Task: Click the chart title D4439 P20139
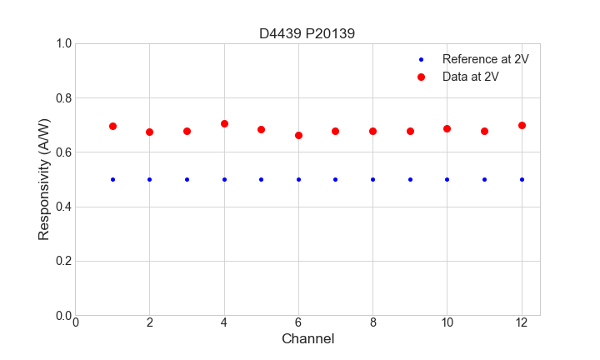pyautogui.click(x=307, y=33)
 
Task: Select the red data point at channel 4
pyautogui.click(x=224, y=124)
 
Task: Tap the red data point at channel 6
pyautogui.click(x=298, y=135)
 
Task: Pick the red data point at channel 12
pyautogui.click(x=522, y=125)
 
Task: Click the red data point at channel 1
pyautogui.click(x=112, y=127)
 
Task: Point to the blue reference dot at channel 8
pyautogui.click(x=372, y=179)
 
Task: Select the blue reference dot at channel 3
pyautogui.click(x=187, y=179)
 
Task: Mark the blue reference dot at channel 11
pyautogui.click(x=484, y=179)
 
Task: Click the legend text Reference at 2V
pyautogui.click(x=486, y=59)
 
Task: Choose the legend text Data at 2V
pyautogui.click(x=471, y=77)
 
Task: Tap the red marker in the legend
pyautogui.click(x=421, y=77)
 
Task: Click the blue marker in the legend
pyautogui.click(x=421, y=59)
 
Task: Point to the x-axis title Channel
pyautogui.click(x=307, y=339)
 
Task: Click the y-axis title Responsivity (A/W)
pyautogui.click(x=44, y=179)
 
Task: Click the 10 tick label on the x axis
pyautogui.click(x=447, y=322)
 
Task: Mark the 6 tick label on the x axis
pyautogui.click(x=298, y=322)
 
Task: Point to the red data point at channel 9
pyautogui.click(x=410, y=131)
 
